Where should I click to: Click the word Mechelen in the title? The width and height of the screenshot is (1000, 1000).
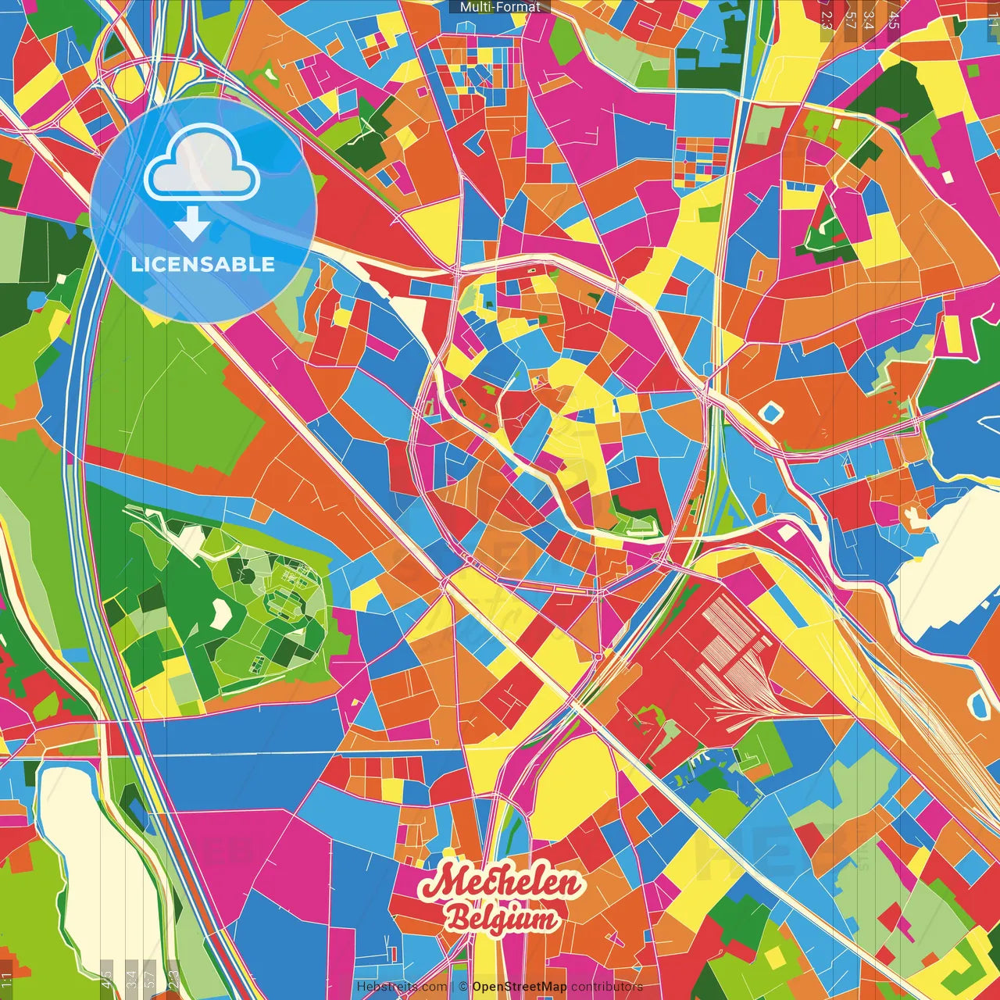[x=501, y=884]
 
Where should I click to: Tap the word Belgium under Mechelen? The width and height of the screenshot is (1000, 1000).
[x=502, y=919]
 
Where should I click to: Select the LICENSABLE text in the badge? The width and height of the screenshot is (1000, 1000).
[x=203, y=264]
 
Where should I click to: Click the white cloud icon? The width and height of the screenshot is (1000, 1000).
[x=202, y=164]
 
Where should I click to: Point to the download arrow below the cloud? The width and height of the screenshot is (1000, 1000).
[x=192, y=225]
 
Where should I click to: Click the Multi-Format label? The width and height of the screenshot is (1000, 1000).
[x=500, y=7]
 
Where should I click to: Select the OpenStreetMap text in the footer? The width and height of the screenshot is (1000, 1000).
[x=519, y=987]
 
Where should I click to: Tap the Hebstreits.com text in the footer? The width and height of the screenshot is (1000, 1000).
[x=402, y=987]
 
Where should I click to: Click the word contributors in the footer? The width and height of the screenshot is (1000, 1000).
[x=607, y=987]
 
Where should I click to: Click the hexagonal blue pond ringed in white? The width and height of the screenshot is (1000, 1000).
[x=771, y=411]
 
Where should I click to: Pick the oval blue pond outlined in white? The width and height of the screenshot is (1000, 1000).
[x=978, y=704]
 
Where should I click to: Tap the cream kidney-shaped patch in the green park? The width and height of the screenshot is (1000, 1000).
[x=223, y=614]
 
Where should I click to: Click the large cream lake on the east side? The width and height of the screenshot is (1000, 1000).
[x=949, y=562]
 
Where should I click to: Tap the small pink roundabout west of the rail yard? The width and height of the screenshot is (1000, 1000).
[x=599, y=657]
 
